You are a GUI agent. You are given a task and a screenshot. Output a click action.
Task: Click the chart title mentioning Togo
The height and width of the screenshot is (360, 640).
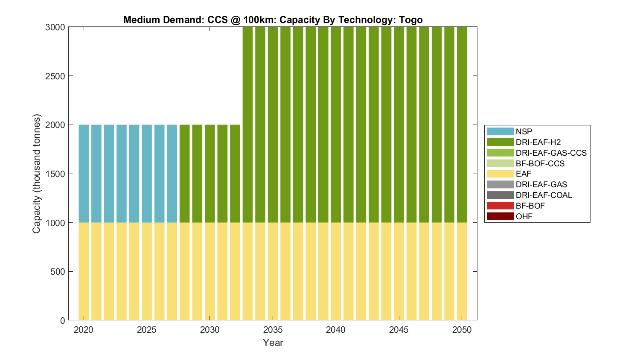[x=273, y=20]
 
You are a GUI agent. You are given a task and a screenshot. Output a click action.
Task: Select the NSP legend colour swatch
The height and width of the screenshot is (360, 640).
[x=500, y=132]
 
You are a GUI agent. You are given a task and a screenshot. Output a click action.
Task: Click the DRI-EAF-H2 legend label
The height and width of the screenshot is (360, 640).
[x=538, y=142]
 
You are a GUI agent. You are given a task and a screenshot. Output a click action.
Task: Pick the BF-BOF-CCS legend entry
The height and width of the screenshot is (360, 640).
[x=540, y=163]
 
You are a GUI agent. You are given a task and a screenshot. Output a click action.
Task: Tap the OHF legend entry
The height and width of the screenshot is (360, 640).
[x=524, y=216]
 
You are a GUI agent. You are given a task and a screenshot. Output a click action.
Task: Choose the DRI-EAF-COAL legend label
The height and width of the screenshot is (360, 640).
[x=544, y=195]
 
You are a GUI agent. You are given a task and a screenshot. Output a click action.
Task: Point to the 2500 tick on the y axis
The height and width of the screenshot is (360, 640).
[x=55, y=76]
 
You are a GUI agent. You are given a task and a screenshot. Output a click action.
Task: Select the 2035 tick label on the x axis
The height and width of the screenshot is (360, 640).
[x=273, y=330]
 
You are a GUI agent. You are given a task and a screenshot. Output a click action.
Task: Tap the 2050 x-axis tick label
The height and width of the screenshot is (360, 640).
[x=462, y=330]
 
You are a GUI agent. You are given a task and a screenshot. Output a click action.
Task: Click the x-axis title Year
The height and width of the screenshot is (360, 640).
[x=273, y=343]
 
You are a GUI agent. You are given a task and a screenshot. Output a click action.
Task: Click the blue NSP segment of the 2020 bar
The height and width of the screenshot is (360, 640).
[x=84, y=174]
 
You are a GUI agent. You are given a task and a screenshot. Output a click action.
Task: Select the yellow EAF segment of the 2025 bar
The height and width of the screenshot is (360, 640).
[x=147, y=271]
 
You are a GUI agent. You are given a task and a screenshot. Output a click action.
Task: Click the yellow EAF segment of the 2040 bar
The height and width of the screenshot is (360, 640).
[x=336, y=271]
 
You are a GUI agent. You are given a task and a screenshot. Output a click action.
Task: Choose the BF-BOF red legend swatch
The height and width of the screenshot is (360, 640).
[x=500, y=206]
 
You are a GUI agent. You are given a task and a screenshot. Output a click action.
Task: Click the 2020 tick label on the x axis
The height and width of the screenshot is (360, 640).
[x=84, y=330]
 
